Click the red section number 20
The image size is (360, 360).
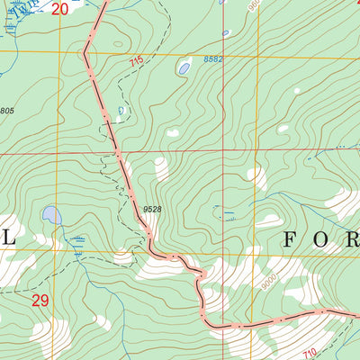pos(59,10)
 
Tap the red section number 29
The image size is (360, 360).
pos(40,301)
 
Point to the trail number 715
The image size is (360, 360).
pos(136,61)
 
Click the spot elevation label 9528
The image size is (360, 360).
pos(152,210)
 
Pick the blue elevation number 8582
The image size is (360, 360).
pos(212,59)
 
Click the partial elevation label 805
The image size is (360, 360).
pos(6,111)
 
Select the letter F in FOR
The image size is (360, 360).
pos(292,240)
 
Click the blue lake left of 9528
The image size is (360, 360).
pos(51,216)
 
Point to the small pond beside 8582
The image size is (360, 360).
pos(184,67)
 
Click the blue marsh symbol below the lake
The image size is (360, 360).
pos(79,242)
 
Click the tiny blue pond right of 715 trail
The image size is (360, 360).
pos(121,111)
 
